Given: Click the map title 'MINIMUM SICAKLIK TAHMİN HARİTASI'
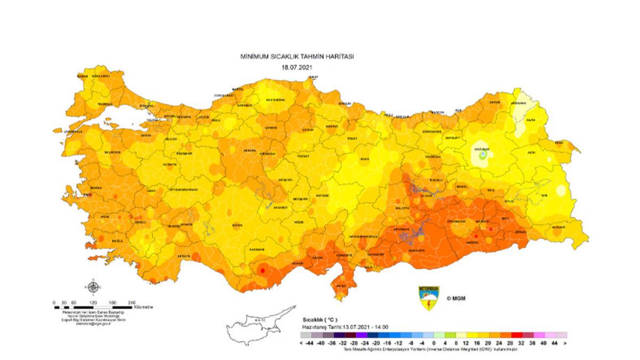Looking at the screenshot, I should point(297,56).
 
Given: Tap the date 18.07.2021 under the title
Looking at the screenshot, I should point(297,67).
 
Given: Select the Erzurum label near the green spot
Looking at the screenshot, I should point(483,150).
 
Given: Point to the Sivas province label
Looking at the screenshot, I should point(365,159).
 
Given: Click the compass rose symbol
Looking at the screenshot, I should point(93,289).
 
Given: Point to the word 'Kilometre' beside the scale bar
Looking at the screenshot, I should point(144,307).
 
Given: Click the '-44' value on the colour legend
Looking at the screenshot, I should point(310,343).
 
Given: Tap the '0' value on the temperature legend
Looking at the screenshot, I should point(434,343).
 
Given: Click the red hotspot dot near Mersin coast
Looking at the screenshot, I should point(261,271).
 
